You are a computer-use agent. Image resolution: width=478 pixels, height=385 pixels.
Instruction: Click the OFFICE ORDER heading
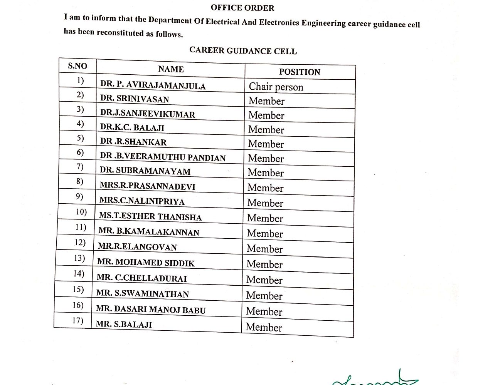(x=242, y=8)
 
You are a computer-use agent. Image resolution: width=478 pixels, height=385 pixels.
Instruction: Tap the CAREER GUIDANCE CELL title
(x=243, y=51)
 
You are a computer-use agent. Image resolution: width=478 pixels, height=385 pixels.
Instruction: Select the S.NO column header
(x=77, y=66)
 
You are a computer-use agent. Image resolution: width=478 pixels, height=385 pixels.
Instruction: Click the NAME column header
(x=171, y=69)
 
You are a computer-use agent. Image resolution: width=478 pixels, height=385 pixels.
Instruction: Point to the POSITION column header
(x=300, y=72)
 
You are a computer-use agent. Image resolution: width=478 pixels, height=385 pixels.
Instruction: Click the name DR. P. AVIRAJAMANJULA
(x=153, y=85)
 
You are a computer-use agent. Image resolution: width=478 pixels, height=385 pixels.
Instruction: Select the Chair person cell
(x=276, y=87)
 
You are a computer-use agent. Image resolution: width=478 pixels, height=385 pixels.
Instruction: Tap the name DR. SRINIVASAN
(x=135, y=99)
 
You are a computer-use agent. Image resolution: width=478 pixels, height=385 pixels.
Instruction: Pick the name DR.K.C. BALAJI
(x=132, y=127)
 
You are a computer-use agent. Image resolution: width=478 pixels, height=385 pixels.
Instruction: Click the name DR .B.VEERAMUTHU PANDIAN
(x=163, y=157)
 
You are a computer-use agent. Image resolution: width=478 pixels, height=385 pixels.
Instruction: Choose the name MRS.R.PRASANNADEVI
(x=147, y=186)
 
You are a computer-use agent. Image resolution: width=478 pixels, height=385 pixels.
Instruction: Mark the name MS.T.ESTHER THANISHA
(x=150, y=216)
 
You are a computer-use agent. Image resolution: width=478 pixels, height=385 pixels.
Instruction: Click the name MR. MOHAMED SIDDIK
(x=146, y=263)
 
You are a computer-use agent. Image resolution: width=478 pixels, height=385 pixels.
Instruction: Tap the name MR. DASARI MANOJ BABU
(x=151, y=309)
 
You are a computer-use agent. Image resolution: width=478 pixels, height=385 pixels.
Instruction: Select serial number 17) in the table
(x=78, y=320)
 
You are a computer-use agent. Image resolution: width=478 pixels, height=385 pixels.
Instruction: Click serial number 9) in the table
(x=79, y=196)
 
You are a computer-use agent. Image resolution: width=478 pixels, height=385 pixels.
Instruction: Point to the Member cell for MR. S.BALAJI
(x=264, y=327)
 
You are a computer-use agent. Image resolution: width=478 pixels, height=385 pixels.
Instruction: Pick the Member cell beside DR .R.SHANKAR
(x=266, y=144)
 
